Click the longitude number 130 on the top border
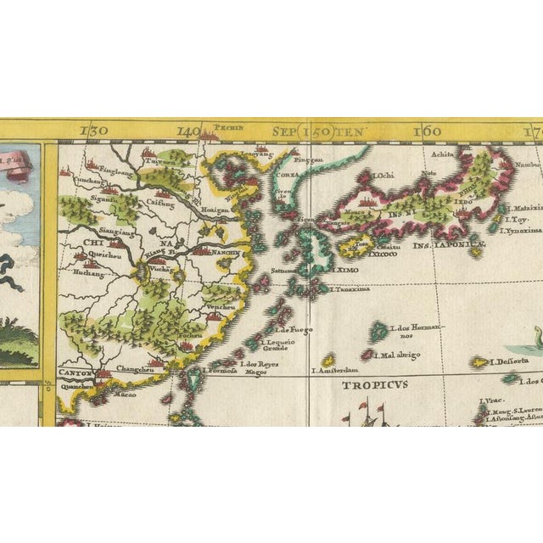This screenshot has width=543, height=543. point(95,131)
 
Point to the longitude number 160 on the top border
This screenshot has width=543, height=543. point(428,131)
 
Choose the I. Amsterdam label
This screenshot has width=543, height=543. point(335,370)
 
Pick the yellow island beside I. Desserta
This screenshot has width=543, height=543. point(480,362)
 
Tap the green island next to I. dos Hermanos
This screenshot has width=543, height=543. point(370,330)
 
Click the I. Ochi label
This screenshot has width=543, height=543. point(381,176)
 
